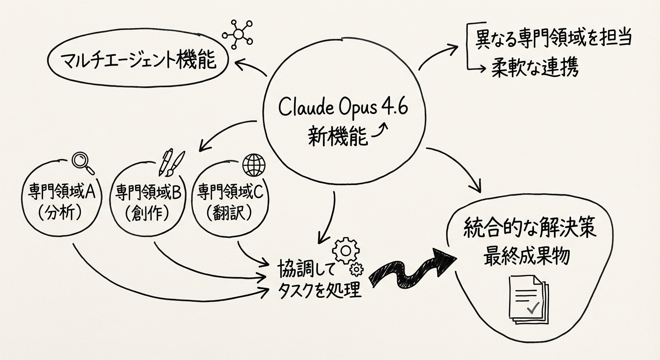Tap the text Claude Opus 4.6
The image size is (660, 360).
[343, 108]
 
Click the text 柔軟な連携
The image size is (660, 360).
[534, 68]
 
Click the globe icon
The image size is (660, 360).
[254, 165]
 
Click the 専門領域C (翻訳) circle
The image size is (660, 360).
[229, 202]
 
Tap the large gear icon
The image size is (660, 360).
[345, 251]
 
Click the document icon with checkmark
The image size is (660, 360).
[528, 300]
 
